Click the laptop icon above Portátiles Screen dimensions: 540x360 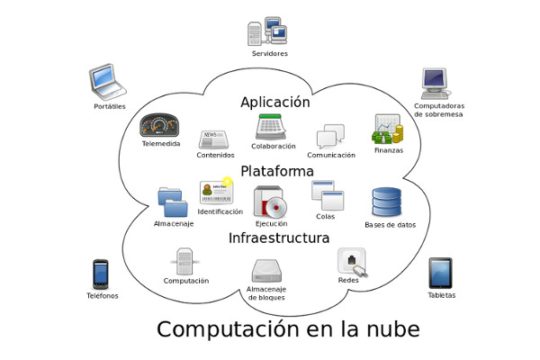coord(108,82)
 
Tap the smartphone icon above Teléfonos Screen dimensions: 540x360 coord(101,274)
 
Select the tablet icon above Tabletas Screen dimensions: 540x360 coord(440,274)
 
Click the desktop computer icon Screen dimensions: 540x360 coord(436,84)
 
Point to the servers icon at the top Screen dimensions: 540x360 coord(267,31)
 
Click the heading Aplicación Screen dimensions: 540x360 coord(275,103)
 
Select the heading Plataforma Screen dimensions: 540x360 coord(277,171)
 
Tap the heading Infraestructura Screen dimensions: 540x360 coord(279,238)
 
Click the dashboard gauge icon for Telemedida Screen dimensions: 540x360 coord(159,125)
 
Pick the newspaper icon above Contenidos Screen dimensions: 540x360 coord(214,139)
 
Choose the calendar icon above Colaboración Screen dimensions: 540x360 coord(271,127)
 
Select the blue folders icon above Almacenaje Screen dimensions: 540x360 coord(173,202)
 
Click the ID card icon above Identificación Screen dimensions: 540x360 coord(217,191)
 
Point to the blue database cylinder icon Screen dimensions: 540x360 coord(387,202)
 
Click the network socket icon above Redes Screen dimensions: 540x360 coord(352,262)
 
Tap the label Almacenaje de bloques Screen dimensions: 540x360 coord(266,293)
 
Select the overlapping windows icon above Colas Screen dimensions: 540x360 coord(328,195)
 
